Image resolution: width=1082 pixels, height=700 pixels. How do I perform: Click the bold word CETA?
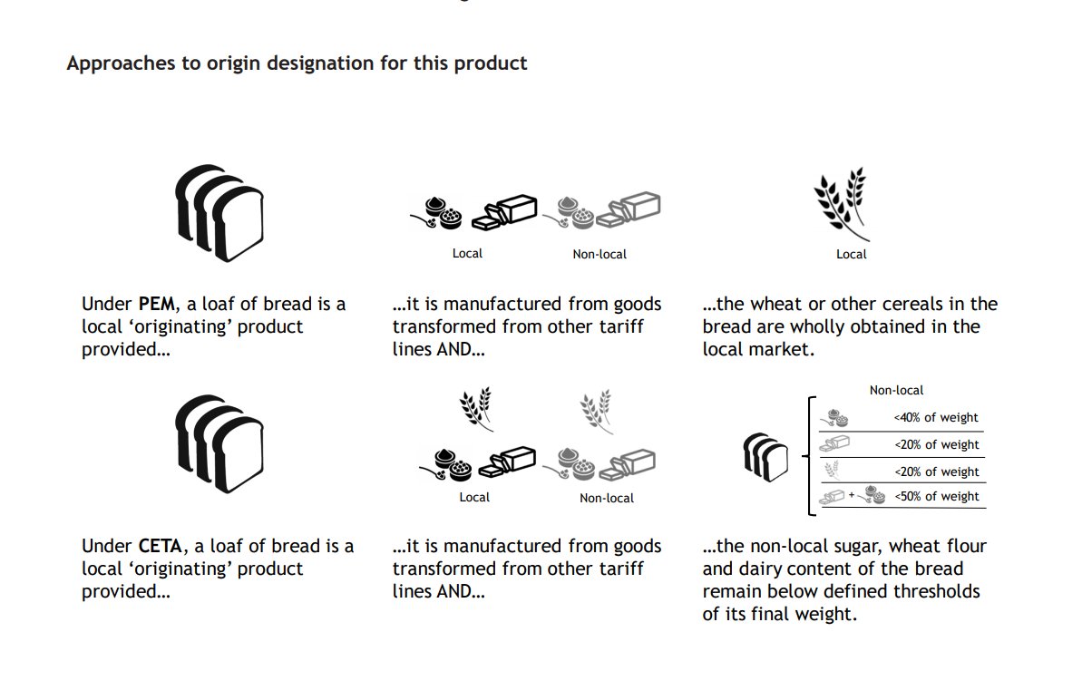(x=161, y=547)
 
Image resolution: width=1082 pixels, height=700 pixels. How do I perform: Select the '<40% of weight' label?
(x=936, y=418)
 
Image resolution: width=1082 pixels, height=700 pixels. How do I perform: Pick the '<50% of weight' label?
(x=936, y=497)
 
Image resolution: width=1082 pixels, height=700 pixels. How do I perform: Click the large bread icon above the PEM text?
(x=218, y=213)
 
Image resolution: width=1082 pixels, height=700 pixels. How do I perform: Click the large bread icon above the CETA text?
(x=218, y=443)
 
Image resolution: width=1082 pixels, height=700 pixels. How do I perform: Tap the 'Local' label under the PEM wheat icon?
(x=851, y=255)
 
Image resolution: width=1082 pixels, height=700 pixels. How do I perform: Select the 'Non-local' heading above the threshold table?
(x=896, y=390)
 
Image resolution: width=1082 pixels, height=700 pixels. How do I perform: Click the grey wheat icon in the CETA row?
(x=596, y=410)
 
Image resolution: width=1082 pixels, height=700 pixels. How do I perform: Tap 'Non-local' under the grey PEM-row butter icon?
(x=599, y=255)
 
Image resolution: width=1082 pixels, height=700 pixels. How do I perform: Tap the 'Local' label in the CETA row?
(x=474, y=498)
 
